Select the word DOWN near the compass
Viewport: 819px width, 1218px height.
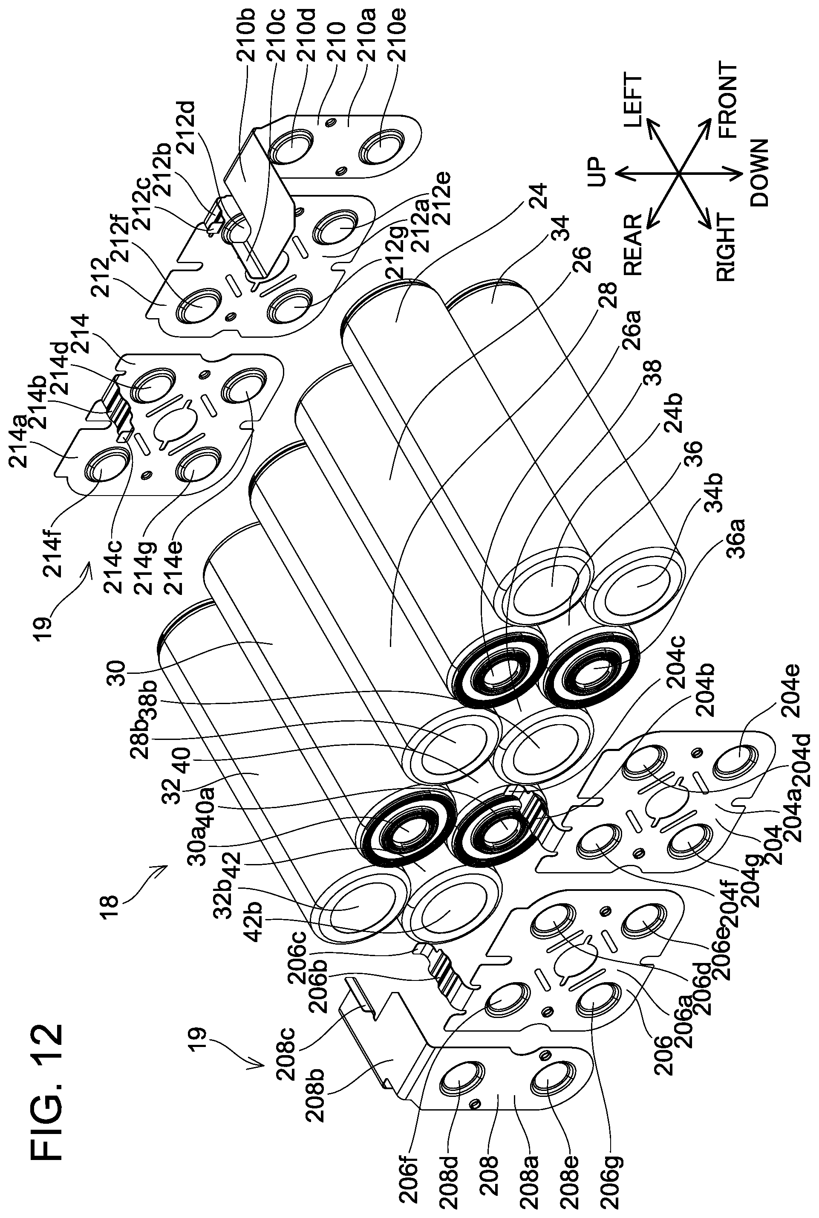click(x=759, y=174)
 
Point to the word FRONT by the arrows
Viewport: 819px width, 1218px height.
click(x=727, y=100)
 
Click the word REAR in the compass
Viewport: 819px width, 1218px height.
click(x=632, y=245)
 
